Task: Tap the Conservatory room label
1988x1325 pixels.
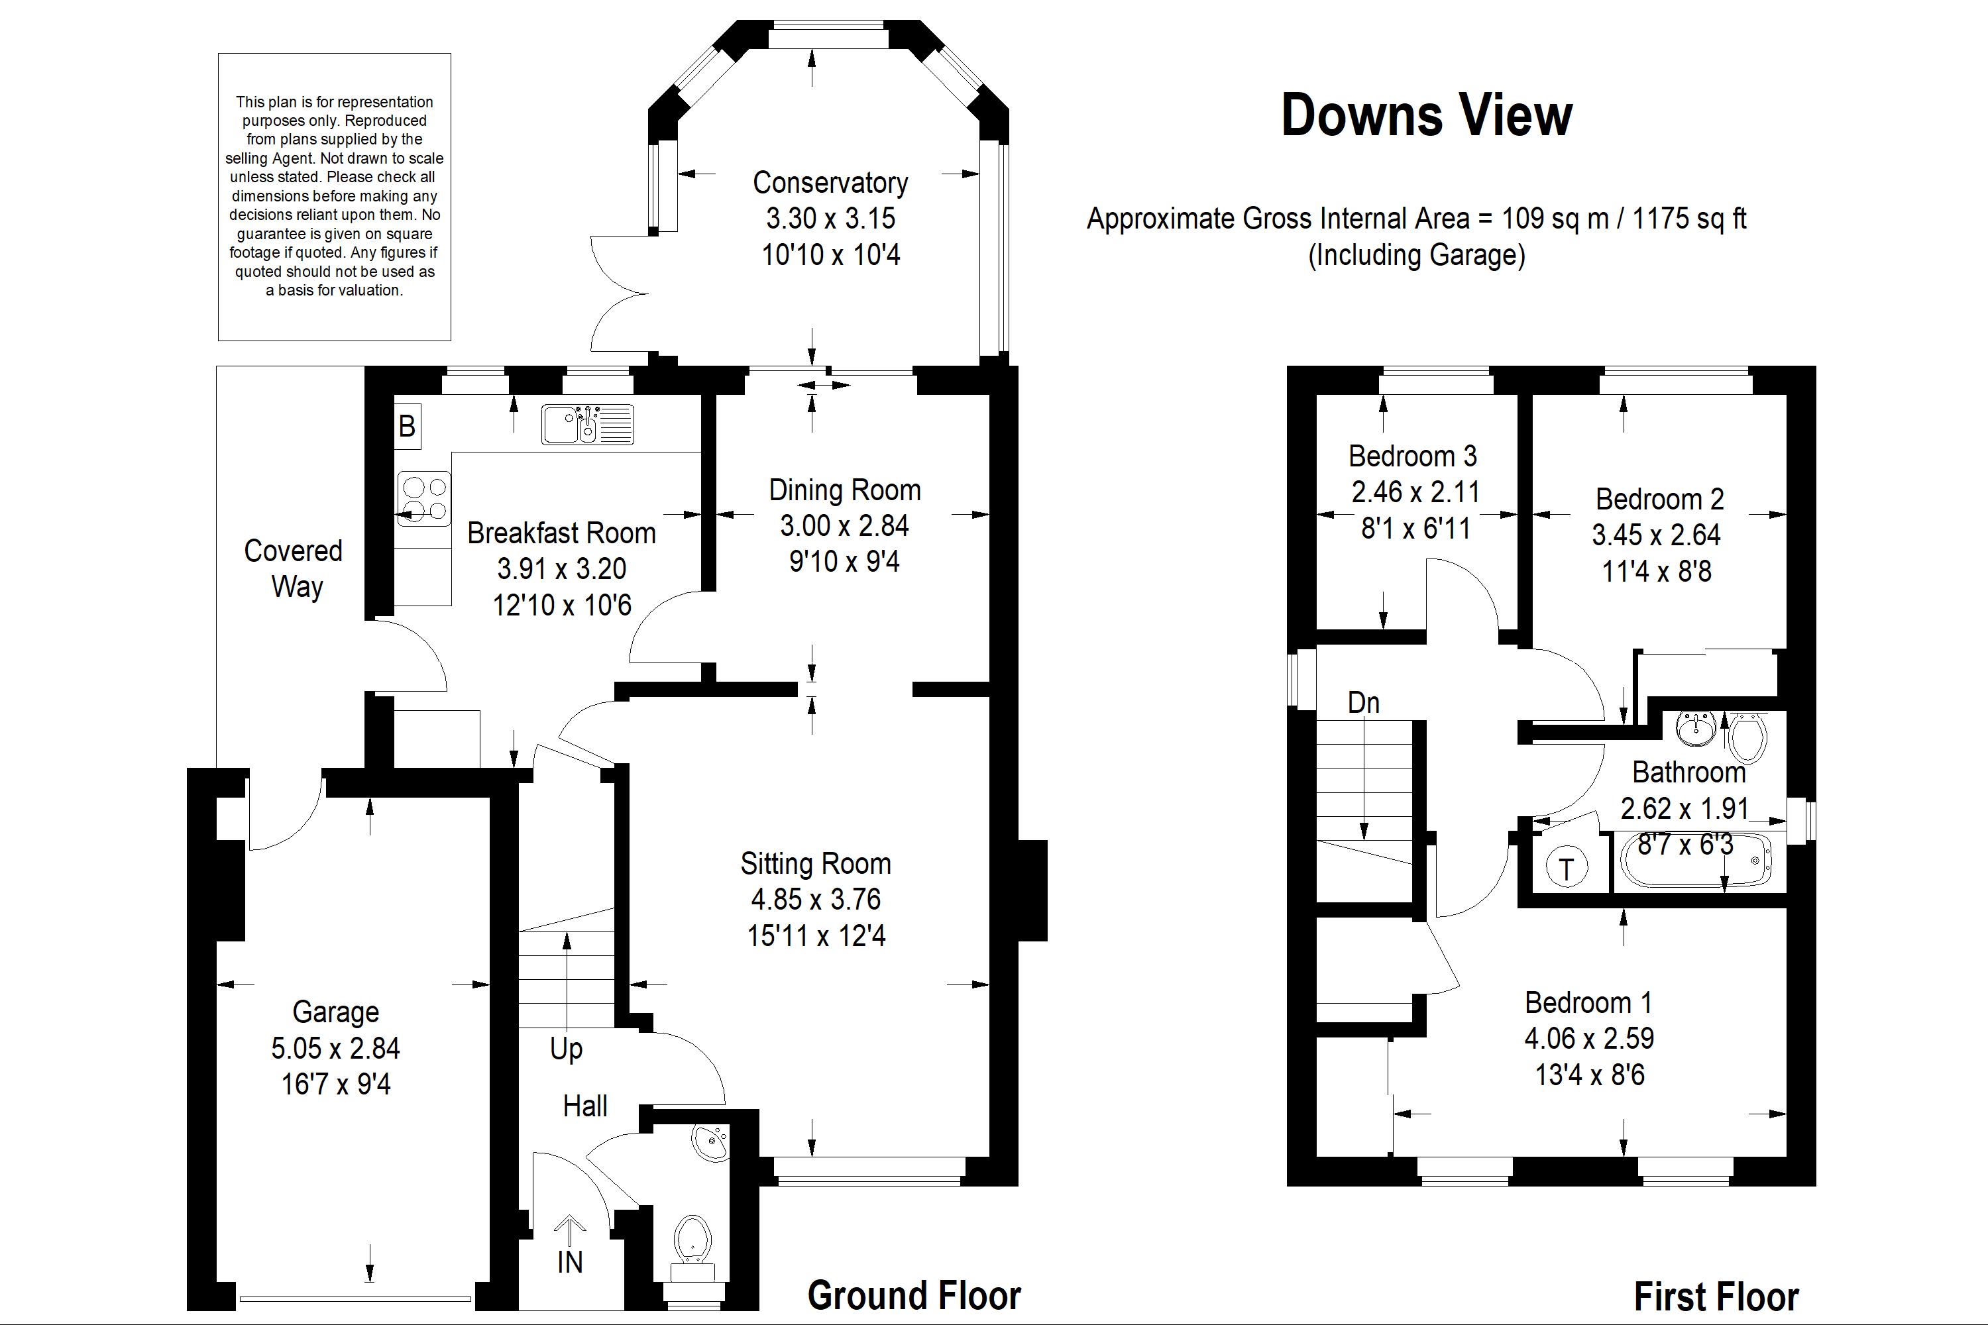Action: click(830, 183)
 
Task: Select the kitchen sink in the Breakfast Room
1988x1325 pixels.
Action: click(587, 424)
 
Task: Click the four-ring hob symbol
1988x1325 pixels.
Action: click(423, 500)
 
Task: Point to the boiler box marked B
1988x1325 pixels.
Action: click(408, 425)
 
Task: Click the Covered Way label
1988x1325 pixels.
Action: click(294, 568)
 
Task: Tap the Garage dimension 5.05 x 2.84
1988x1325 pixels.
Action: click(335, 1048)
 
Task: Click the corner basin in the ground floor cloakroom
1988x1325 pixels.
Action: click(711, 1143)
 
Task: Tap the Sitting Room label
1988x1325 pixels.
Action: click(816, 864)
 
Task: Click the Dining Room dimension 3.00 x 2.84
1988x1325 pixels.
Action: click(844, 525)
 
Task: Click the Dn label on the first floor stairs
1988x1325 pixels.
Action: click(1363, 702)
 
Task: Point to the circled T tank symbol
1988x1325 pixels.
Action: click(1567, 868)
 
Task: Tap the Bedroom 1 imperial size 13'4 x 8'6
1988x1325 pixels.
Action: click(1590, 1075)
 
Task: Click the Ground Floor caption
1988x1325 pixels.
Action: click(914, 1295)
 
